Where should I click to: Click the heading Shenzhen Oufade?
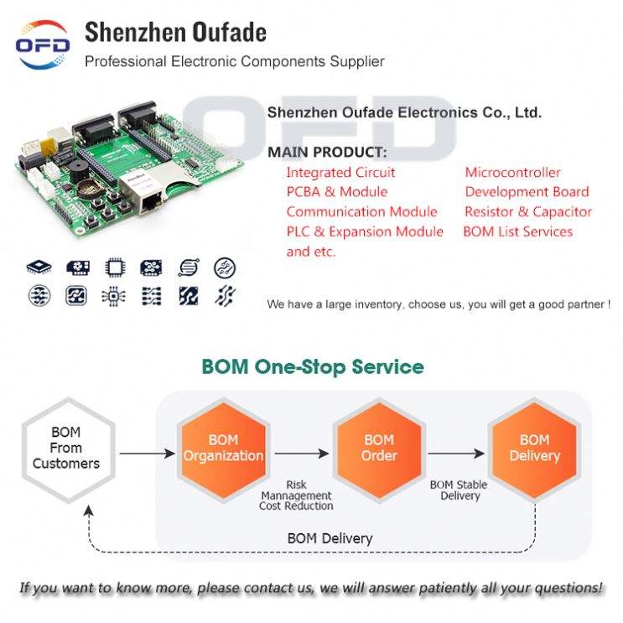pos(175,33)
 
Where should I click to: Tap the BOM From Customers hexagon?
pos(65,448)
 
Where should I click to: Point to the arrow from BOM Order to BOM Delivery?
pos(456,454)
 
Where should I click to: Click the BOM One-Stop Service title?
pos(313,367)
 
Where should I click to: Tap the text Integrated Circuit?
pos(340,173)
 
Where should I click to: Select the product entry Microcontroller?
pos(512,173)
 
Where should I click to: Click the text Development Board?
pos(527,192)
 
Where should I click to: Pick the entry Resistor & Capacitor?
pos(528,212)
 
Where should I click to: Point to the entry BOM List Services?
pos(518,231)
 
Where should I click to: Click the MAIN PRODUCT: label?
pos(327,153)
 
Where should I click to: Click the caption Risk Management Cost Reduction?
pos(296,496)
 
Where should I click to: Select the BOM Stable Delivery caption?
pos(459,491)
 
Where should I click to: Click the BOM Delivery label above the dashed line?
pos(330,538)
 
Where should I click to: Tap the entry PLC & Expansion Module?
pos(365,231)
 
